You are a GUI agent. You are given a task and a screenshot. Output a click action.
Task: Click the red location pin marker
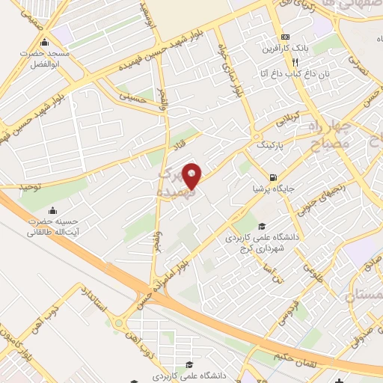pyautogui.click(x=192, y=176)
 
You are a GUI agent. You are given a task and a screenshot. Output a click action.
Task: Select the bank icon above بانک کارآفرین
pyautogui.click(x=285, y=37)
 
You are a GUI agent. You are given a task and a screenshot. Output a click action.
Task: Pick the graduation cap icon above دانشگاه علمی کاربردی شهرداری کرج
pyautogui.click(x=261, y=226)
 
